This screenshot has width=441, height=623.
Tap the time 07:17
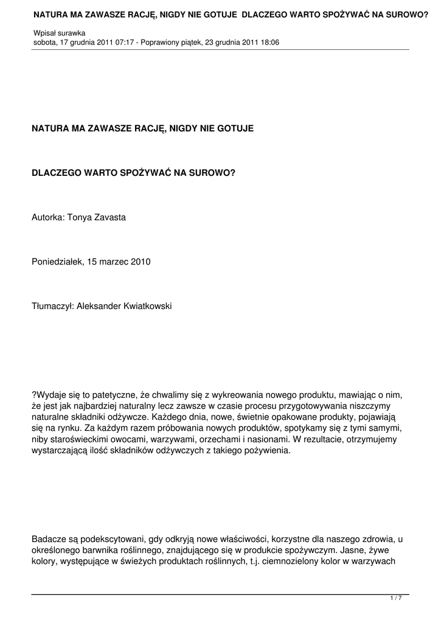coord(124,43)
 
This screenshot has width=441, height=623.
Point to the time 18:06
coord(268,43)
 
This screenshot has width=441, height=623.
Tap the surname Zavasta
coord(109,217)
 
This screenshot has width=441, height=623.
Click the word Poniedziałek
coord(57,262)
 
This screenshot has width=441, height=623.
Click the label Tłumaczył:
coord(52,306)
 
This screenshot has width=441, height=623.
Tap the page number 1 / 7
coord(395,599)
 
